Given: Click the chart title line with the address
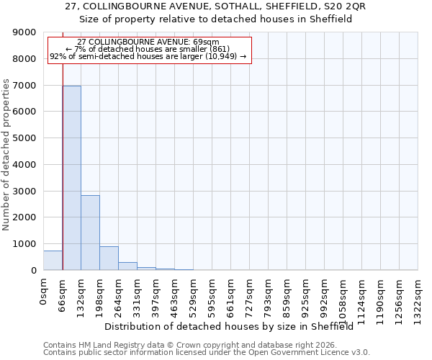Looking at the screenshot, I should click(x=215, y=6).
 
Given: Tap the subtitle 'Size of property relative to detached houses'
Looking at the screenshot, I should click(x=215, y=19).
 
